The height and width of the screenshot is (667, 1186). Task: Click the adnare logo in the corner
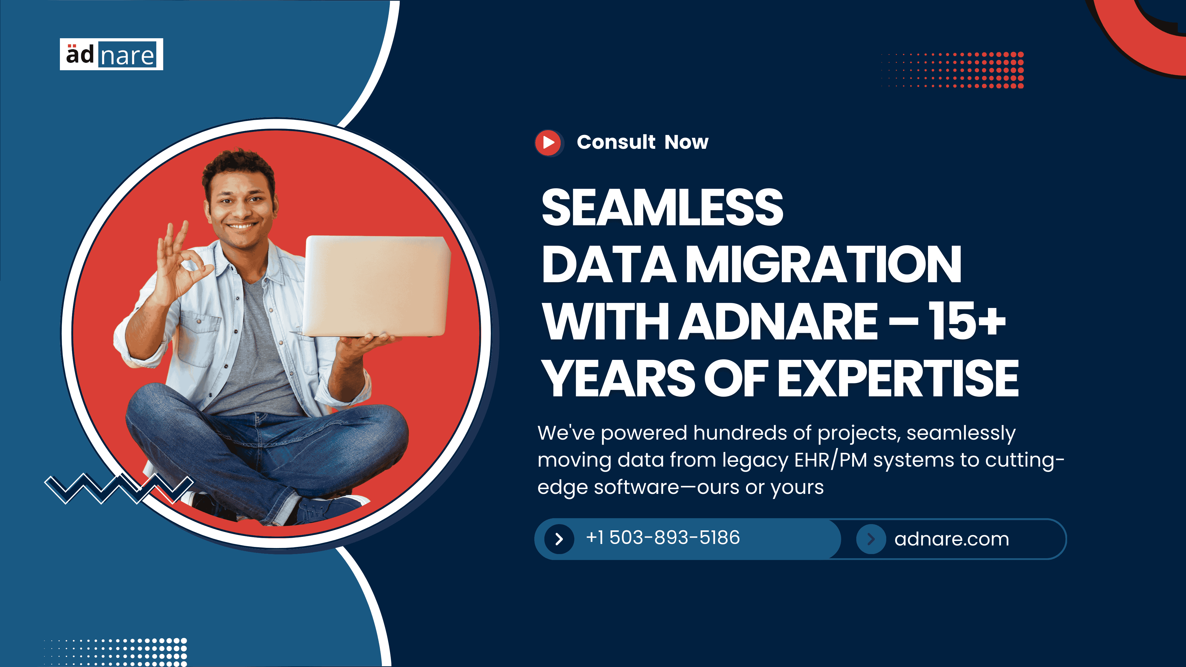click(111, 54)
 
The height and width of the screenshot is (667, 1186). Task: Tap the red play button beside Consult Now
click(548, 143)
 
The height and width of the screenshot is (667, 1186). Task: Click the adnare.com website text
click(952, 539)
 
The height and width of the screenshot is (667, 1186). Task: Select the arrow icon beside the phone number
click(559, 539)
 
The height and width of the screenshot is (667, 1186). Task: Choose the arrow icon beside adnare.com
click(871, 539)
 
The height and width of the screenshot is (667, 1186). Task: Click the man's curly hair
click(238, 168)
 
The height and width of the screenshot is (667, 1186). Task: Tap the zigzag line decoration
click(119, 489)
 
